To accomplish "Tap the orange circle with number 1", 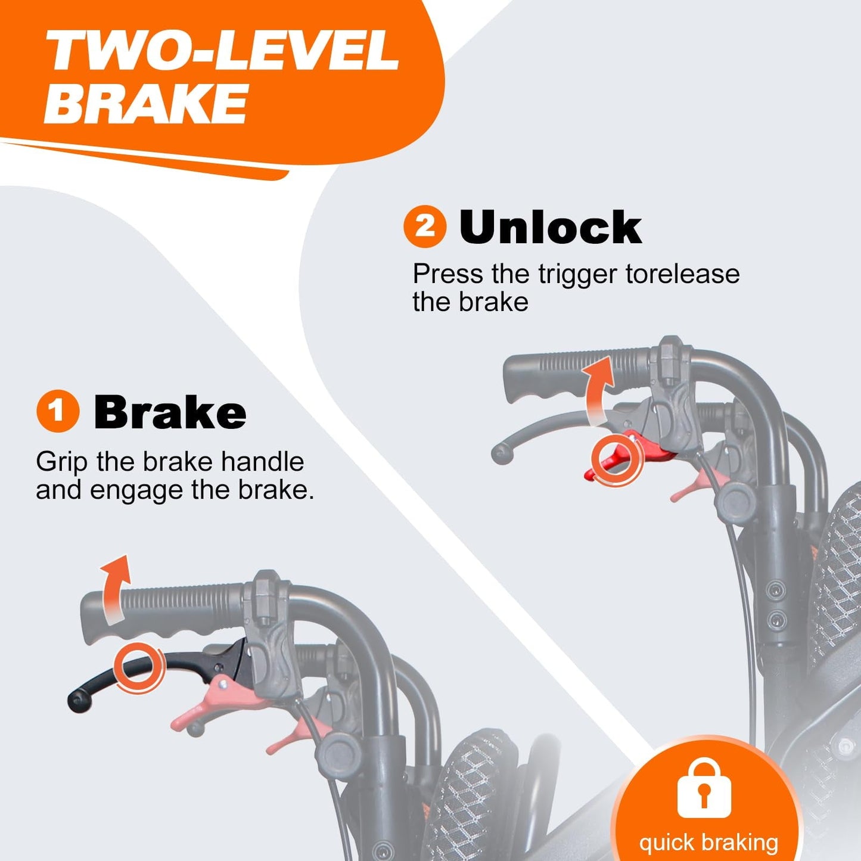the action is (58, 411).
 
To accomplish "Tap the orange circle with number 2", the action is (425, 226).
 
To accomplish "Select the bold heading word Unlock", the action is (551, 227).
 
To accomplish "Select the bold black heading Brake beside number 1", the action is (170, 412).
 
